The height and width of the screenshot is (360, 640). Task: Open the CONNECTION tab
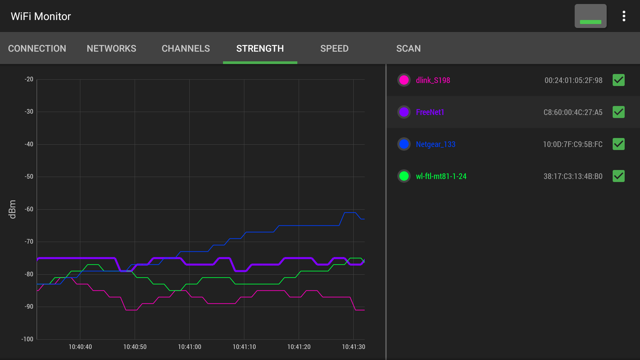[37, 49]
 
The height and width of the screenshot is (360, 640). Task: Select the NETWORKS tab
[111, 49]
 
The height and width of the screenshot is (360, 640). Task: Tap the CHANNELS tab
[186, 49]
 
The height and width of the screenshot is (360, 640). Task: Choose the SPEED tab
[334, 49]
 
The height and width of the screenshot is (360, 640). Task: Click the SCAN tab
[408, 49]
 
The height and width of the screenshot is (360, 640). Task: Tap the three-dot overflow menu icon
[624, 16]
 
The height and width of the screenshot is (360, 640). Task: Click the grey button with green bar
[590, 16]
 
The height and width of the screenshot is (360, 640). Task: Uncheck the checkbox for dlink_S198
[618, 80]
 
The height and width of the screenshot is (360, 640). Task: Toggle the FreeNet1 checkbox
[618, 112]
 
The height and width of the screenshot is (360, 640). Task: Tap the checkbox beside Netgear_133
[618, 144]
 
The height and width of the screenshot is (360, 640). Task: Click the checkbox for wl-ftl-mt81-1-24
[618, 176]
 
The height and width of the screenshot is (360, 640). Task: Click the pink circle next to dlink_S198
[404, 80]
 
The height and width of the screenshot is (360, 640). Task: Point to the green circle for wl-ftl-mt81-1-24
[404, 176]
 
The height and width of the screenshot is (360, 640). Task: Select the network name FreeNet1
[430, 112]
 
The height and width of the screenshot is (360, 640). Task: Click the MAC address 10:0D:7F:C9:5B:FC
[573, 144]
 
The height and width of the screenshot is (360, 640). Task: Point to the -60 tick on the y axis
[29, 209]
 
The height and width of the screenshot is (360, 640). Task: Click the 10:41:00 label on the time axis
[189, 347]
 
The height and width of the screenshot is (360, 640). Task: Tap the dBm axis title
[12, 209]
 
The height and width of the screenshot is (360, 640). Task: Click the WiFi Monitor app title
[41, 16]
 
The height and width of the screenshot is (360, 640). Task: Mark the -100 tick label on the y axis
[27, 339]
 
